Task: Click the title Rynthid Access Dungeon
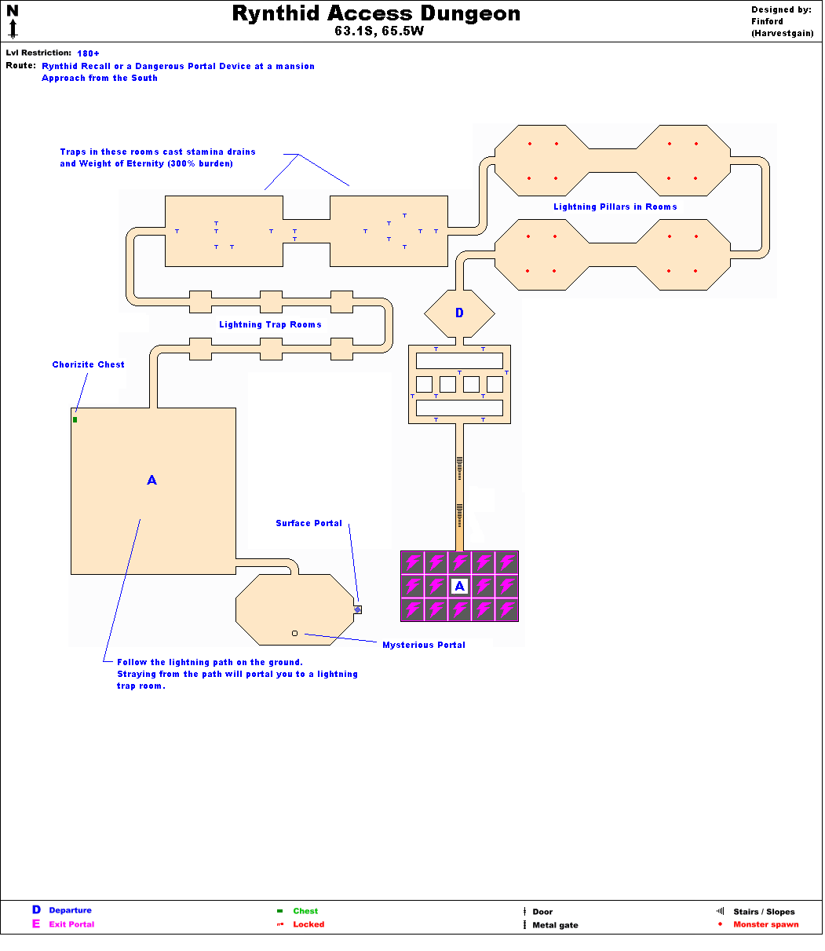click(376, 14)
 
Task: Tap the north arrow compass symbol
click(13, 21)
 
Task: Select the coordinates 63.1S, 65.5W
click(376, 32)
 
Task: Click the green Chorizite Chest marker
click(75, 419)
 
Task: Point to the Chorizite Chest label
click(89, 364)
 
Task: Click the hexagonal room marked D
click(459, 313)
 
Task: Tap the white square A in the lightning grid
click(460, 586)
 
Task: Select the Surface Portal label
click(308, 523)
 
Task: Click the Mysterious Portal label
click(424, 645)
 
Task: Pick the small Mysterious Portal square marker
click(295, 633)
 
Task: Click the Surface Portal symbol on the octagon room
click(358, 609)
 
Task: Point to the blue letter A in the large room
click(152, 480)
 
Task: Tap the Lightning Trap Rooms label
click(270, 324)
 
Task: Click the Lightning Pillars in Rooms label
click(615, 207)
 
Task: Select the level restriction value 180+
click(89, 53)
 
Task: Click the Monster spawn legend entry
click(765, 924)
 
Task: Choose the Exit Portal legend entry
click(71, 924)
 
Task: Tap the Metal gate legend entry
click(555, 925)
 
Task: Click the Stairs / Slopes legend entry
click(764, 912)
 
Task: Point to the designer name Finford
click(767, 22)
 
